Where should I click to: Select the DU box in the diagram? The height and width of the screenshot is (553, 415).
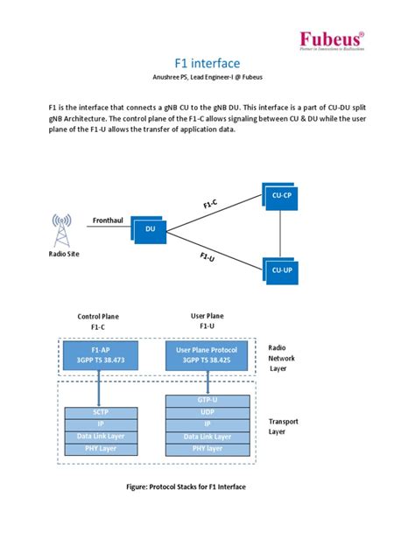[149, 229]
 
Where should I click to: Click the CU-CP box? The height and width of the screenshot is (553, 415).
[281, 197]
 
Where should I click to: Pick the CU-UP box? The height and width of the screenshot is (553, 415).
[281, 269]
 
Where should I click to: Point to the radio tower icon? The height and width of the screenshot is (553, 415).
[62, 229]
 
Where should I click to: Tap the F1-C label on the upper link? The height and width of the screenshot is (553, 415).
[211, 204]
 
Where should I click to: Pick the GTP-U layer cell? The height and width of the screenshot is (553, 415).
[207, 398]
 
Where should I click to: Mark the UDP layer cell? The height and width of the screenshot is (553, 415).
[207, 411]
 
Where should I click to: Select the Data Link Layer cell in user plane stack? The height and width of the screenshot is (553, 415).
[207, 437]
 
